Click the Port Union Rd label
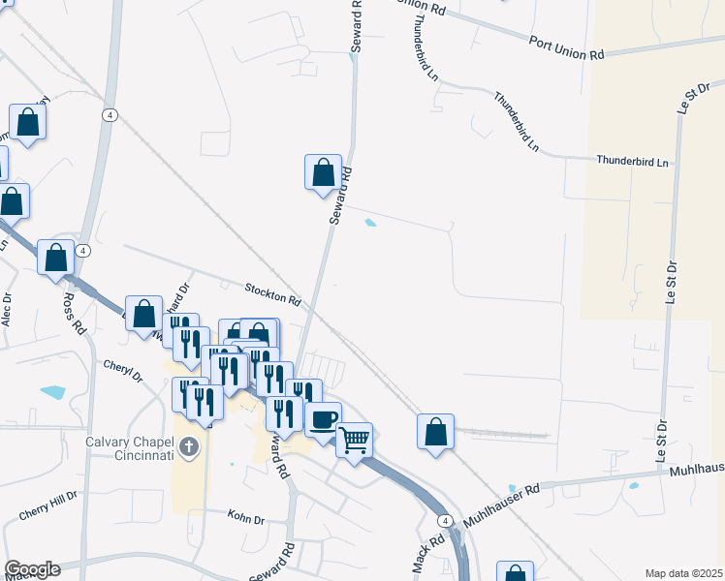567,47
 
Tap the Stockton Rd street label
272,293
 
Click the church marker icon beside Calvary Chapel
189,446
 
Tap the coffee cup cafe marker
324,419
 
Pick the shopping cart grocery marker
355,440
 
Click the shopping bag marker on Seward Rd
324,172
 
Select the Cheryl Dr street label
122,370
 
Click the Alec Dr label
8,309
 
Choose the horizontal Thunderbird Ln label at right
633,161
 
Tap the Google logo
31,569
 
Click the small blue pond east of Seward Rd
369,224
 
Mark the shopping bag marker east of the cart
436,431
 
